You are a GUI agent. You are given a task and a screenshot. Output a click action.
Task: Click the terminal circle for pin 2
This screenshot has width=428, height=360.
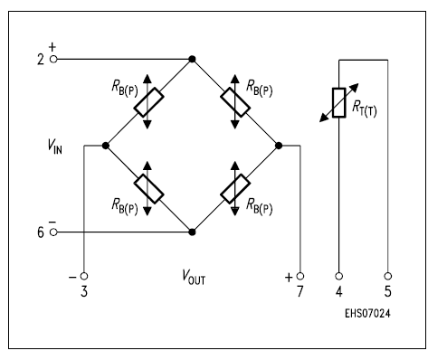point(53,59)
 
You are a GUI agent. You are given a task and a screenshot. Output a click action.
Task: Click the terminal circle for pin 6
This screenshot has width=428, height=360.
point(53,232)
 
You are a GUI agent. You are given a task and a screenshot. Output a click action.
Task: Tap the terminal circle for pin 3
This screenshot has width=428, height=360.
point(84,276)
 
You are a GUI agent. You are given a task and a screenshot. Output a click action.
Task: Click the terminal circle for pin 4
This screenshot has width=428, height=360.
point(339,276)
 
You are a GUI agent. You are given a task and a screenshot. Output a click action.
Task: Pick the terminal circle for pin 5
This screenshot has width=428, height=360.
point(388,276)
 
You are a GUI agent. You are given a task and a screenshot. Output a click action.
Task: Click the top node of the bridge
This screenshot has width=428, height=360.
point(192,59)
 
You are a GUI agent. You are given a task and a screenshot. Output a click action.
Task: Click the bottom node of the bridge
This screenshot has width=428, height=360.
point(192,232)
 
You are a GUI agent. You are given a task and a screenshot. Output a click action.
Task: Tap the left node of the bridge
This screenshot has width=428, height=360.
point(106,145)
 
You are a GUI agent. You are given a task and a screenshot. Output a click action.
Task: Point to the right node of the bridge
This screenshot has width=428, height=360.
point(279,145)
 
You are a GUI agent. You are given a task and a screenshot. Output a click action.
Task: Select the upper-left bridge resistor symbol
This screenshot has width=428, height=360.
point(148,102)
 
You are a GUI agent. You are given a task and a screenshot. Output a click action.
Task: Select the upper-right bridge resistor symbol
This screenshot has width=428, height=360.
point(235,102)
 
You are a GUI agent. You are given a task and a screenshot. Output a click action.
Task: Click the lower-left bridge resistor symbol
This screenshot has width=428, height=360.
point(148,188)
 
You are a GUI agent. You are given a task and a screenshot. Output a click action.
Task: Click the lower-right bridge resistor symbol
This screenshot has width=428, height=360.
point(235,188)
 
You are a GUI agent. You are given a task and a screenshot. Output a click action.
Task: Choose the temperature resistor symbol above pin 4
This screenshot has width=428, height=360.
point(339,104)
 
